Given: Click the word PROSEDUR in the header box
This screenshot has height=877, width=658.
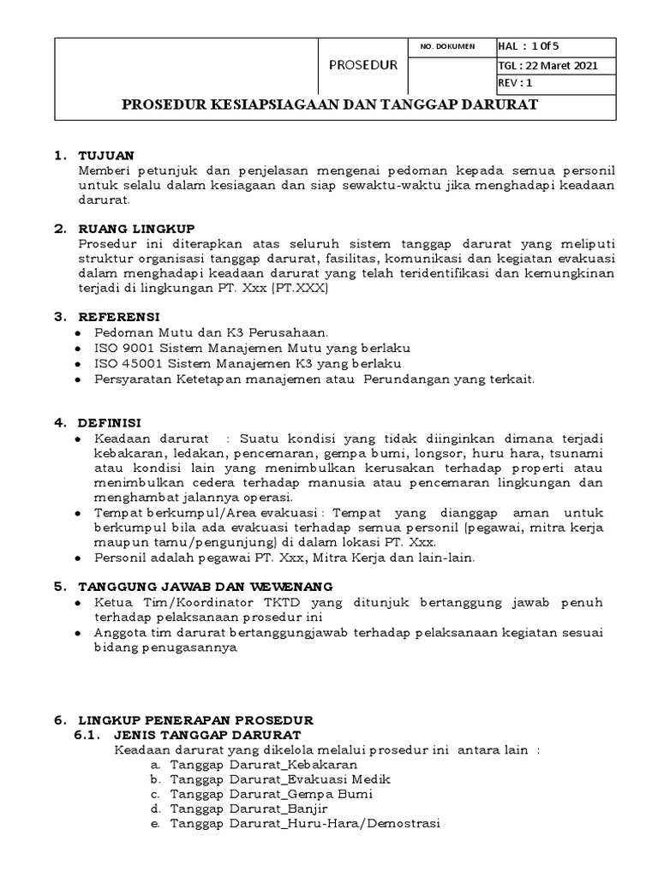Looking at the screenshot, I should click(x=363, y=64).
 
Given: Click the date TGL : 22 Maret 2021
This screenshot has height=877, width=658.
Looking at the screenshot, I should click(x=547, y=65).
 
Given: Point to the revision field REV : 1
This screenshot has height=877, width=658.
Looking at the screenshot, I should click(x=516, y=83).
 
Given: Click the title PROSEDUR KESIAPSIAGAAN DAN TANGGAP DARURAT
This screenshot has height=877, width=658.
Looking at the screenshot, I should click(x=330, y=106).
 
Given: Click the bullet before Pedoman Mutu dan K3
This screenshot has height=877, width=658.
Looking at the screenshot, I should click(x=80, y=332).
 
